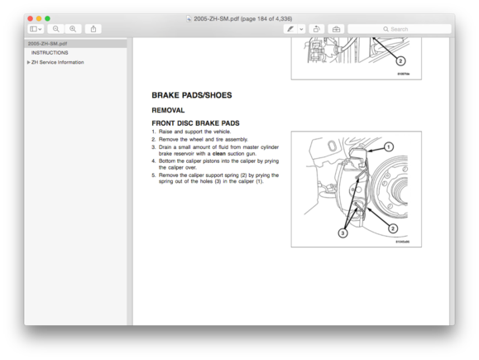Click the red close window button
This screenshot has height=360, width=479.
click(31, 18)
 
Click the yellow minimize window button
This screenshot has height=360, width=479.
click(39, 18)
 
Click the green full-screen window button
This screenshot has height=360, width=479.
click(47, 18)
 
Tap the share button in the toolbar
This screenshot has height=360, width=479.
click(93, 29)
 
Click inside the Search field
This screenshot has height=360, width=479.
click(400, 29)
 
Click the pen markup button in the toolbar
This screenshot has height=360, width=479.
click(290, 29)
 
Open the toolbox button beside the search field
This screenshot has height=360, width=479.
click(336, 29)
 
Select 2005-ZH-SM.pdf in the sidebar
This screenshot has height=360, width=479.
click(48, 43)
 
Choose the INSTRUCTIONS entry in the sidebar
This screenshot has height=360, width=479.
click(50, 53)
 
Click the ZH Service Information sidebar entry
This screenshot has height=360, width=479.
click(57, 62)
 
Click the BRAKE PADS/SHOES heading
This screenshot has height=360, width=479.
click(191, 96)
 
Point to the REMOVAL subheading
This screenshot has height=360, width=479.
click(168, 110)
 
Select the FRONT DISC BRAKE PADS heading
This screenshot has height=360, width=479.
click(195, 123)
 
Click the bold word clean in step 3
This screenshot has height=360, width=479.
click(218, 154)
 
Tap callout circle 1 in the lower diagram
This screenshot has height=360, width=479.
click(389, 147)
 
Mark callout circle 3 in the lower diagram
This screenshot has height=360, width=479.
click(342, 233)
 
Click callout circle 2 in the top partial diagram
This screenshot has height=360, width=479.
click(401, 61)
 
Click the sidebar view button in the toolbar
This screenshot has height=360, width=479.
click(36, 29)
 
